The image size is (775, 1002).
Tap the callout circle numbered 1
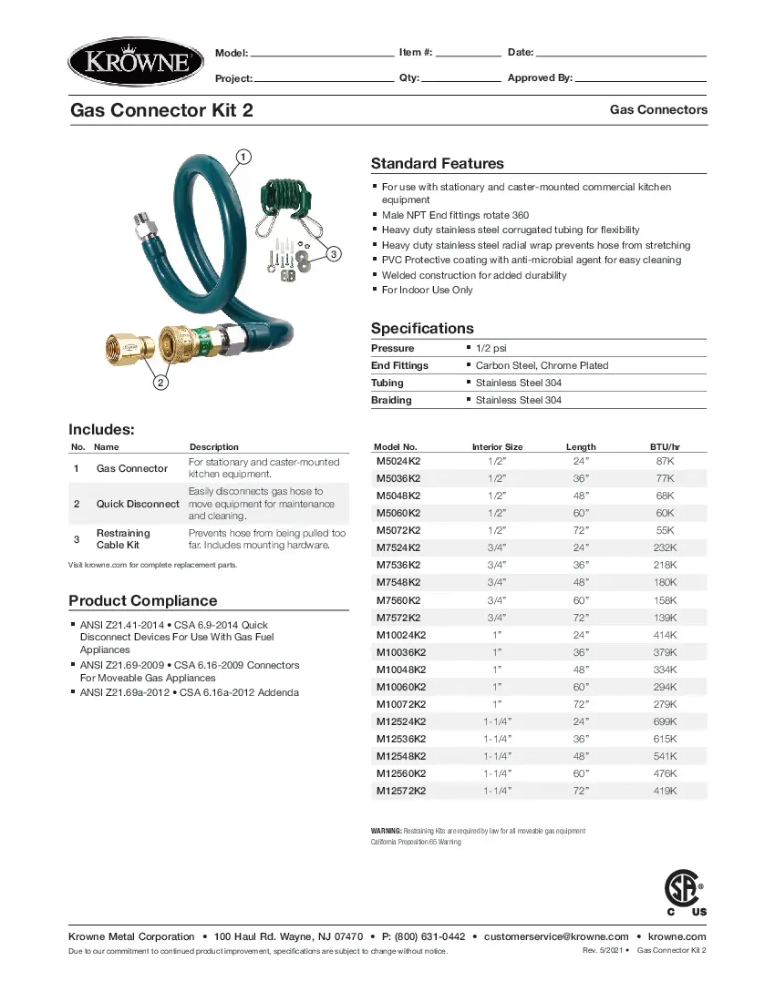tap(243, 156)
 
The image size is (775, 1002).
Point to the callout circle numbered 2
tap(160, 383)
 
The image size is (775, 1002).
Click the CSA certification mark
tap(682, 889)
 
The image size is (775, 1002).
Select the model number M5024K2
tap(398, 461)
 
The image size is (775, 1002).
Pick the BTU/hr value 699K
tap(665, 721)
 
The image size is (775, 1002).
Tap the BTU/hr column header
tap(665, 447)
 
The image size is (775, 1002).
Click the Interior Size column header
tap(497, 447)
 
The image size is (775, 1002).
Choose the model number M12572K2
tap(401, 791)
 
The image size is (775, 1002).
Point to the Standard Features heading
tap(437, 164)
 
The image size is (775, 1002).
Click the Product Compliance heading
tap(143, 600)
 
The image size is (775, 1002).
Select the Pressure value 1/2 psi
tap(492, 348)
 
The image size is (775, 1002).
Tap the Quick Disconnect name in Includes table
tap(138, 504)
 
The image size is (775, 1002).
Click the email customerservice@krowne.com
tap(556, 936)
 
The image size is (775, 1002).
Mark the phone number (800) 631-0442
tap(430, 936)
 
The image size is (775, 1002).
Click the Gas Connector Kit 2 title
tap(162, 110)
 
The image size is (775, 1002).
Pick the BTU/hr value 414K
tap(665, 635)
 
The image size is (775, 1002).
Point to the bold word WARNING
tap(386, 831)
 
